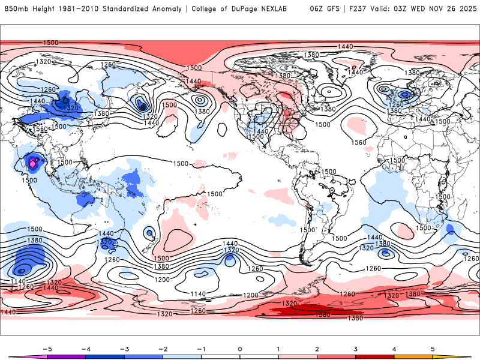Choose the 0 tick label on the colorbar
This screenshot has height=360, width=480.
[x=239, y=348]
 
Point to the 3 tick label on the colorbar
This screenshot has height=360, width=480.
[x=355, y=348]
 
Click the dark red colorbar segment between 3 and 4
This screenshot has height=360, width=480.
[x=374, y=356]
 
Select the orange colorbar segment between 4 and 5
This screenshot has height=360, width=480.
[x=413, y=356]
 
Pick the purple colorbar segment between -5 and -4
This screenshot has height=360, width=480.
[x=66, y=356]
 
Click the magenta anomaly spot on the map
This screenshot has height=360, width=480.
[x=32, y=162]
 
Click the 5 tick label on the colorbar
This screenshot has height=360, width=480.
[x=433, y=348]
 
